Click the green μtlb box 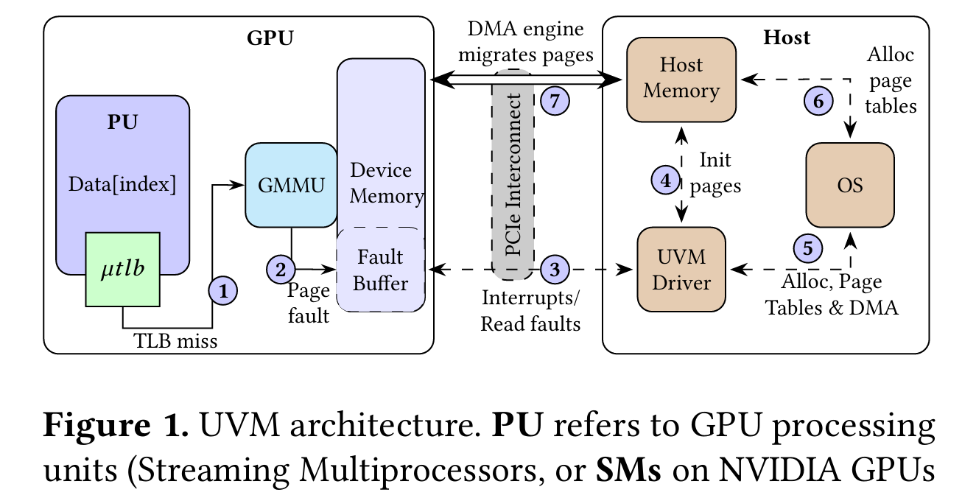click(x=123, y=269)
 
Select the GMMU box click(x=291, y=185)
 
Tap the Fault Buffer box click(x=380, y=270)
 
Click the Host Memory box click(x=681, y=78)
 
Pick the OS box click(x=850, y=185)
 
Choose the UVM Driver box click(x=681, y=270)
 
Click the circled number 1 click(x=224, y=290)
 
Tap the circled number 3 click(x=555, y=270)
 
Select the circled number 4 click(x=666, y=180)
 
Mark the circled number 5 click(x=808, y=248)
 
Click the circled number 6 click(x=818, y=101)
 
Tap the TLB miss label click(x=176, y=341)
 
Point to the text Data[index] click(x=122, y=184)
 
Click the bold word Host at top click(x=787, y=37)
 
